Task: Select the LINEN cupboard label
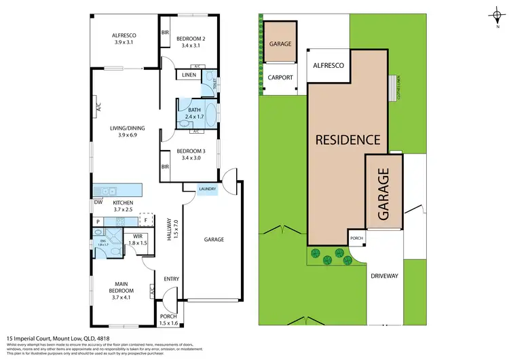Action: pos(186,75)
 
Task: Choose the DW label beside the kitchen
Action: pos(98,202)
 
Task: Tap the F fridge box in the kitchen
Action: pos(144,221)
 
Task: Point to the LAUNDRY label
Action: pos(207,190)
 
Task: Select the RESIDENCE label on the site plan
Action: pos(347,141)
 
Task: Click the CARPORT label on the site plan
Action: pos(280,77)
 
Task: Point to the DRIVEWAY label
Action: pos(384,276)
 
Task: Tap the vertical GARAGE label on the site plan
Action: pos(383,195)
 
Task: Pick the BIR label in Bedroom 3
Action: pos(165,166)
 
